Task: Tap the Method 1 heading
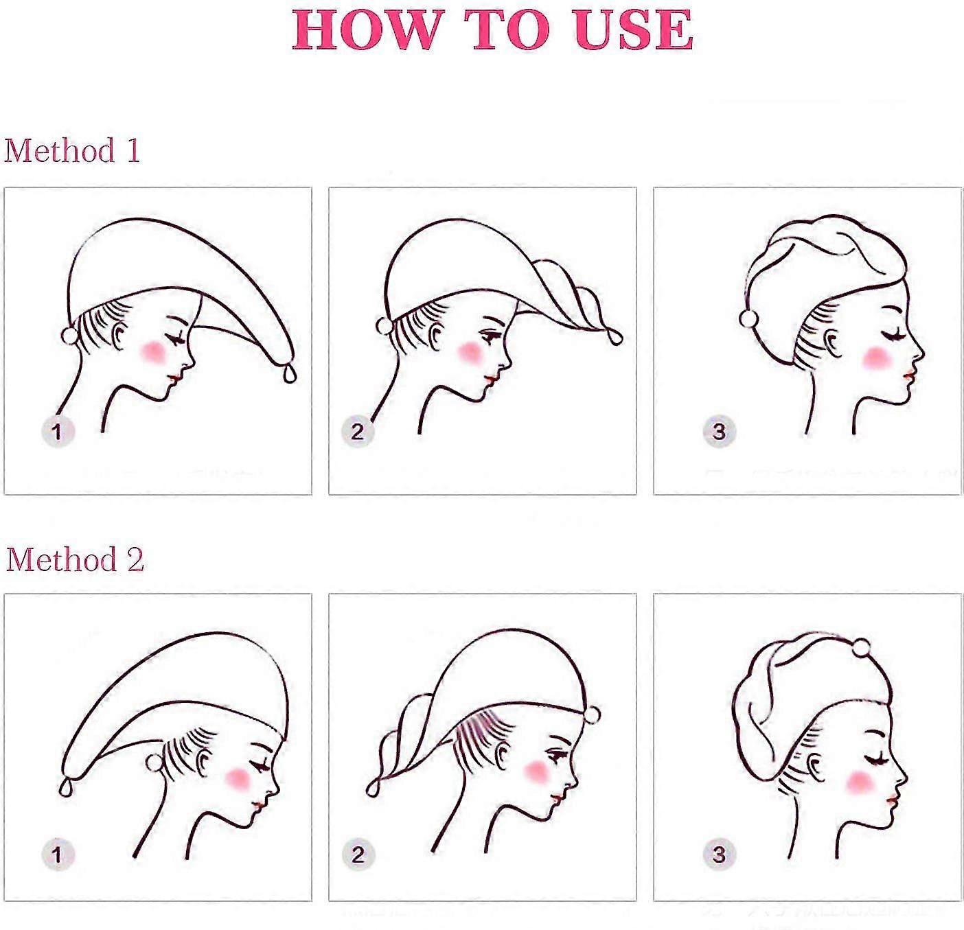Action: pos(72,150)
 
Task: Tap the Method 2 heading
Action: pos(74,559)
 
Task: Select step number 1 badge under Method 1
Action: pos(58,431)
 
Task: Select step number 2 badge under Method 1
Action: pos(358,431)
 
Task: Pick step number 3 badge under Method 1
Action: pos(719,431)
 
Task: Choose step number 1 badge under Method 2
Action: pos(58,855)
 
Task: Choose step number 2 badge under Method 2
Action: pos(358,855)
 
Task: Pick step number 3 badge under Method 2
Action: pos(719,855)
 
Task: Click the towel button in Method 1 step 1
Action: pos(70,336)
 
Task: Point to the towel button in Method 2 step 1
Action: pos(154,763)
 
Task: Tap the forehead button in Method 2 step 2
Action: pos(592,714)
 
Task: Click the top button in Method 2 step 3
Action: pos(861,647)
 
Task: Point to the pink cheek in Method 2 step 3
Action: pos(860,782)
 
